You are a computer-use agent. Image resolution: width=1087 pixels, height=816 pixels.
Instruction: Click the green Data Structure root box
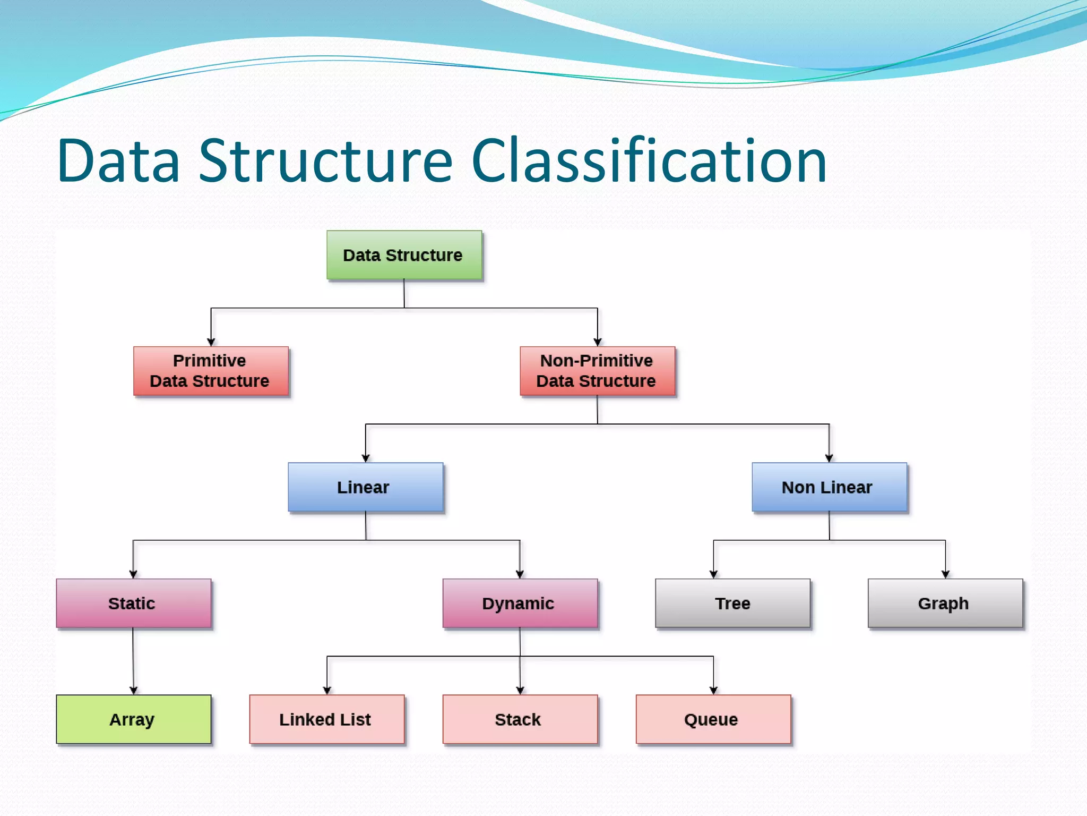404,255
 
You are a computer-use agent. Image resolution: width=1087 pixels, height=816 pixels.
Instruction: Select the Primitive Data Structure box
211,371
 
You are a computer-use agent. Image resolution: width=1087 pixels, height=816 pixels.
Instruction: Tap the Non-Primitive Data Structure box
597,371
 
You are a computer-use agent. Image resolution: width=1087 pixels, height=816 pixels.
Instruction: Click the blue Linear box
365,487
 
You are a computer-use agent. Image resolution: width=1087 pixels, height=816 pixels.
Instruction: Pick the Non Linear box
829,487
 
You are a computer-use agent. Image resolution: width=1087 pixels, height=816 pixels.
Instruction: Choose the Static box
133,603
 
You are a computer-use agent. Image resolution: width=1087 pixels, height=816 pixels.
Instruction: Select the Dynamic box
520,603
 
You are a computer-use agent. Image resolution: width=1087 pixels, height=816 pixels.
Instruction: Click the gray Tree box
732,603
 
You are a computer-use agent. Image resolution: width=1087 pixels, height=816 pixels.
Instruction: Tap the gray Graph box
945,603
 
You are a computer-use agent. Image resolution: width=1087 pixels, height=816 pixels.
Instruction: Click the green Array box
133,719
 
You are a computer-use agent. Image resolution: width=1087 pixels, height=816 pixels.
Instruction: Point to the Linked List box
326,719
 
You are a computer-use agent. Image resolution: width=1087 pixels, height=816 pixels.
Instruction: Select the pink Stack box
520,719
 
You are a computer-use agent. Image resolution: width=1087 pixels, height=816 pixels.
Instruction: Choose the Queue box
713,719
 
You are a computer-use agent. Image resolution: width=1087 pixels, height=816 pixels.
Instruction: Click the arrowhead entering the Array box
133,690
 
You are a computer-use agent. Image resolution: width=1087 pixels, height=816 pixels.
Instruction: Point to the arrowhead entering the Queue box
713,690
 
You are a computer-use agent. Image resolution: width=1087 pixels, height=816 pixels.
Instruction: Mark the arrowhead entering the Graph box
945,574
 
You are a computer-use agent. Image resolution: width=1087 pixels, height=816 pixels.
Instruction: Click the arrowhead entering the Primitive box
211,342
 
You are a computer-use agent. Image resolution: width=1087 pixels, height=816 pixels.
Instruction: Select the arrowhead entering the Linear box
366,458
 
